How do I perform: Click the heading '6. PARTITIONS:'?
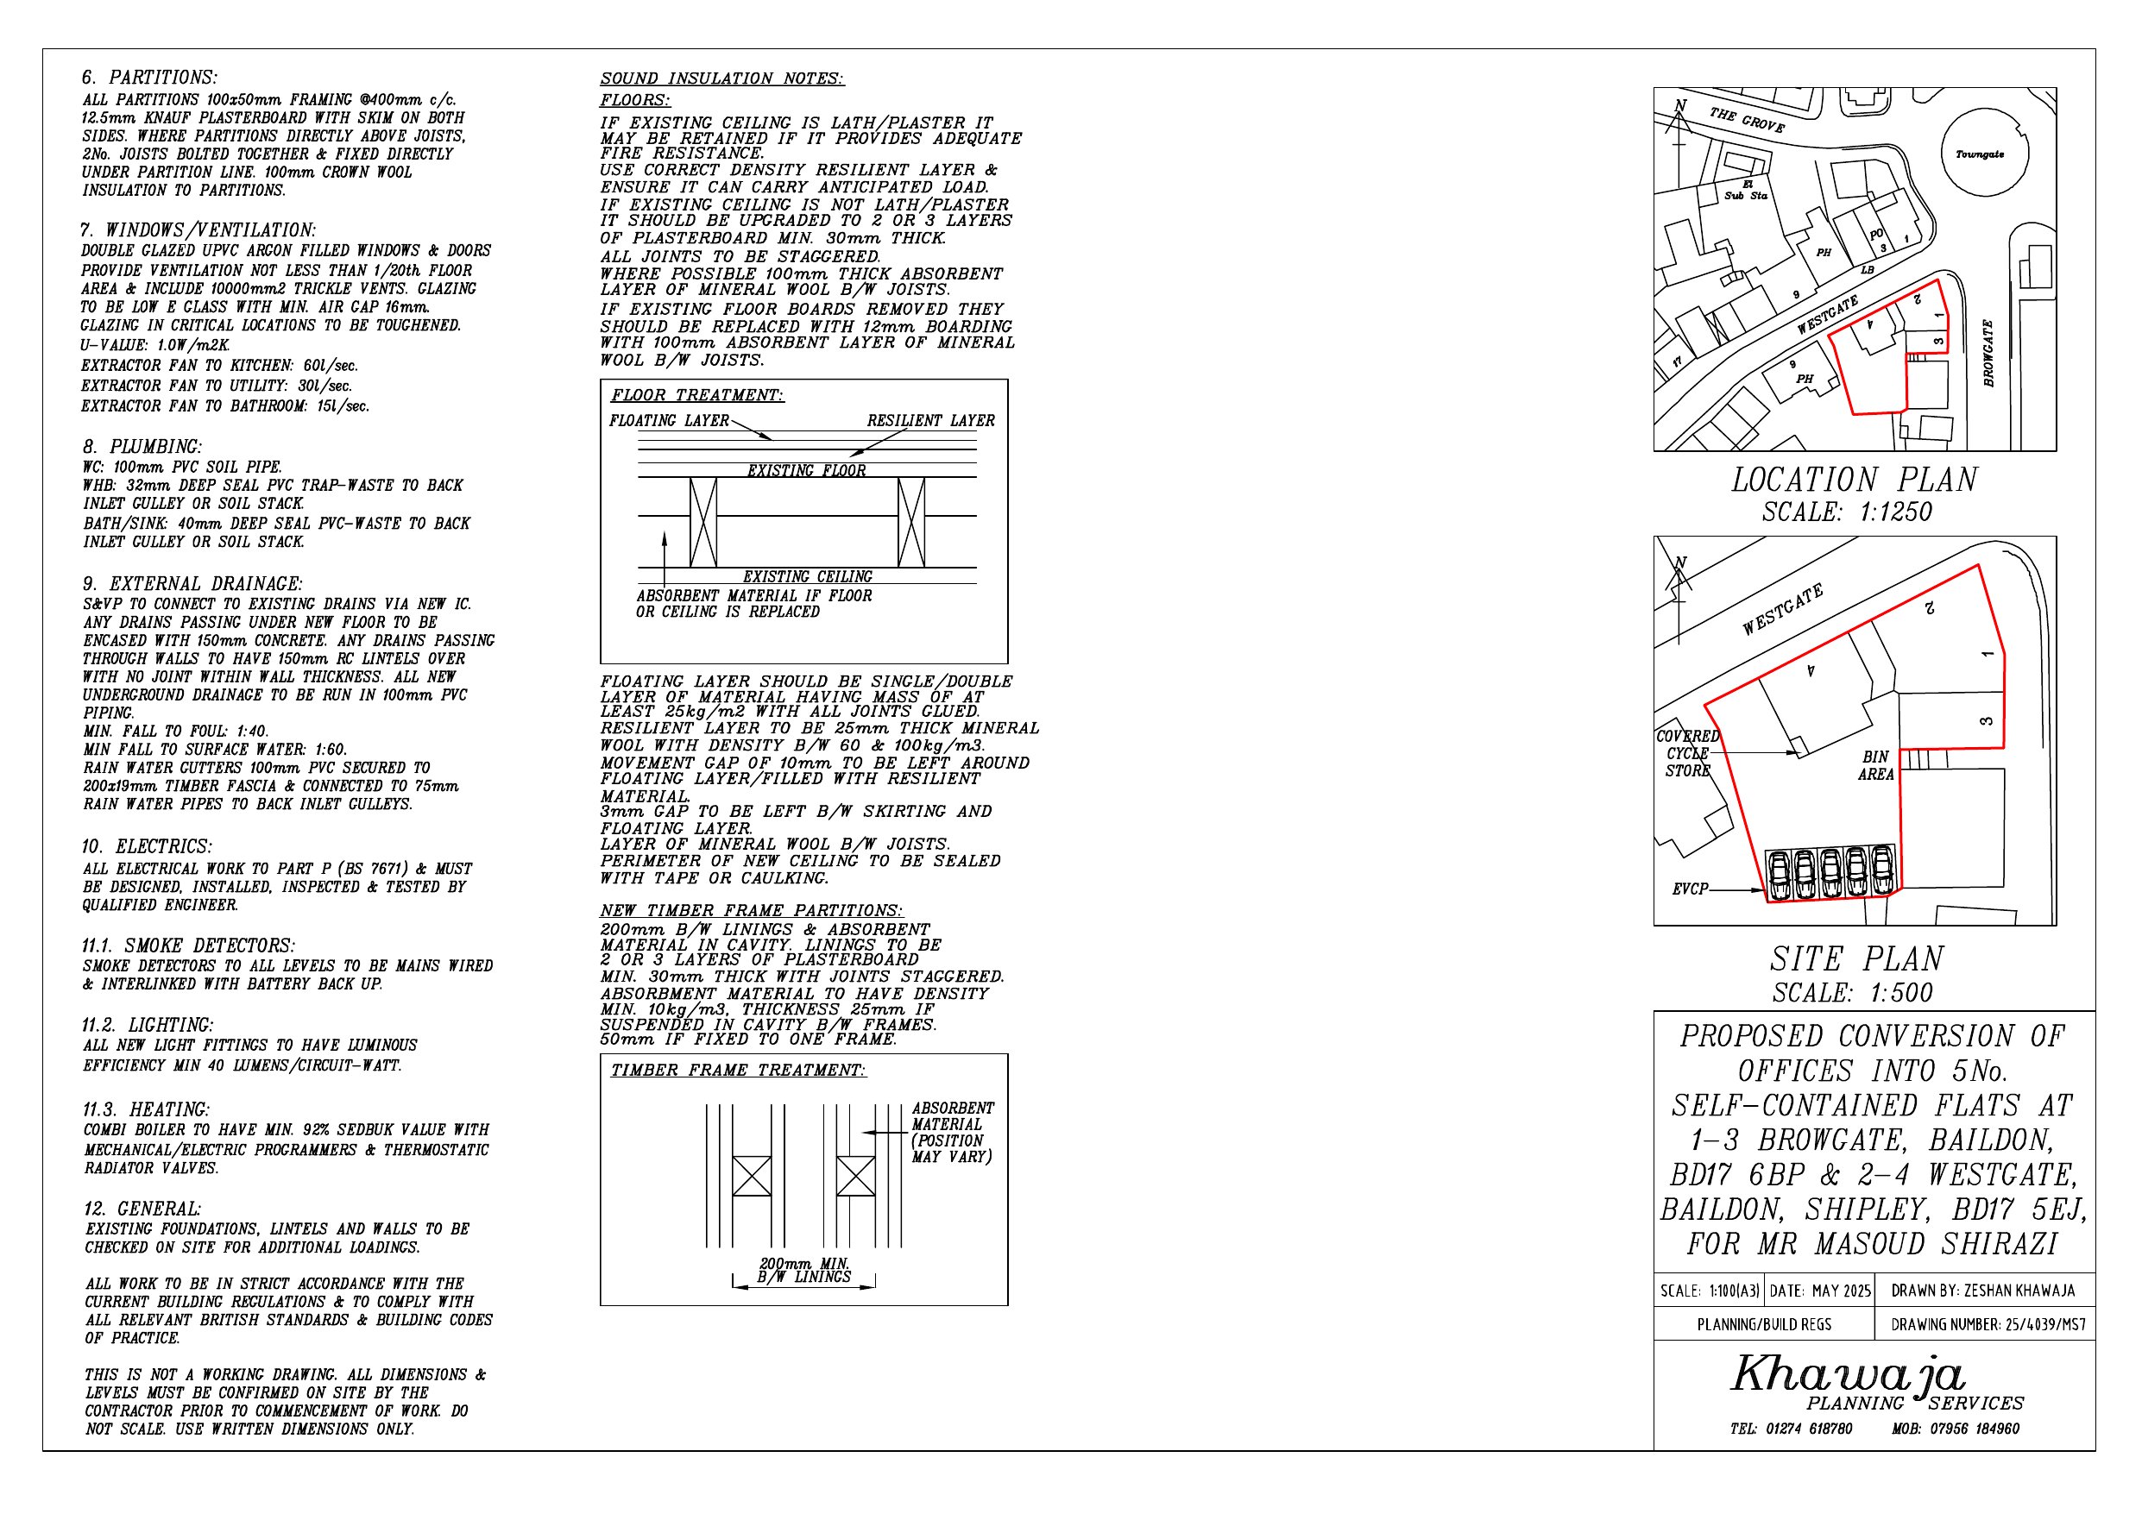pos(149,78)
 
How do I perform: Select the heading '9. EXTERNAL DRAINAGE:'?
pos(192,584)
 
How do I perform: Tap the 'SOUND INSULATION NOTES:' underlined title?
pos(721,79)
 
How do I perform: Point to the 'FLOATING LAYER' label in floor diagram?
pos(669,421)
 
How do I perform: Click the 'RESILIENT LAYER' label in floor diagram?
pos(930,421)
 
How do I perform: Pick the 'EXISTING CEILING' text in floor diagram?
pos(807,576)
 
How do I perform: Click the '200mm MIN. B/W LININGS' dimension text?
pos(804,1271)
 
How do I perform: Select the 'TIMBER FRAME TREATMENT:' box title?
pos(738,1070)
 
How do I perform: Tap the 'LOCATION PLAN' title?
pos(1854,481)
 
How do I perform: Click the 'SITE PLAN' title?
pos(1856,959)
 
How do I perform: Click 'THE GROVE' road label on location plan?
pos(1747,120)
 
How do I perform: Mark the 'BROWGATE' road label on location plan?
pos(1988,354)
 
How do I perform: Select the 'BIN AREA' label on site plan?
pos(1875,766)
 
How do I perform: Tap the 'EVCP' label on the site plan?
pos(1690,890)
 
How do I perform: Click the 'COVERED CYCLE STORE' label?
pos(1688,754)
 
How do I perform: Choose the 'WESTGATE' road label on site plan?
pos(1782,611)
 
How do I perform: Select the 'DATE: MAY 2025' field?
pos(1820,1292)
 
